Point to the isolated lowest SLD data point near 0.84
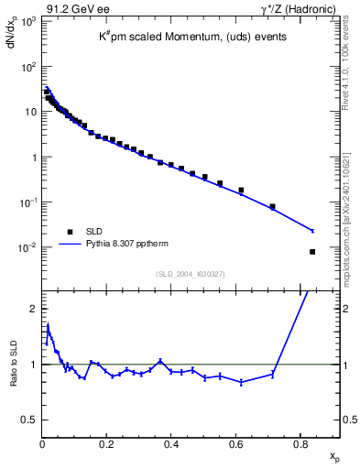click(x=312, y=252)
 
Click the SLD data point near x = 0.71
click(x=272, y=207)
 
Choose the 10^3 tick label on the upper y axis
click(x=27, y=21)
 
